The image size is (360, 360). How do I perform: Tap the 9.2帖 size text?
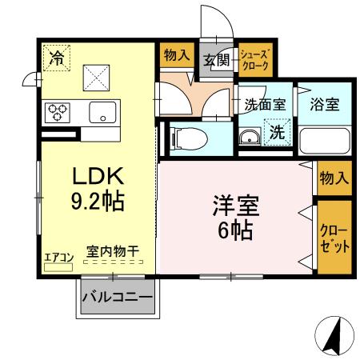(98, 201)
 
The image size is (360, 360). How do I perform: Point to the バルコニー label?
(118, 299)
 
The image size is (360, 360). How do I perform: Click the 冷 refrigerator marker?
(57, 57)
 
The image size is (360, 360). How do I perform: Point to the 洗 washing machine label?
(275, 133)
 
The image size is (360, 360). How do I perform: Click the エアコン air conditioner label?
(58, 257)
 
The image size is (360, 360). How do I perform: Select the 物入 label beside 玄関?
(175, 56)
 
